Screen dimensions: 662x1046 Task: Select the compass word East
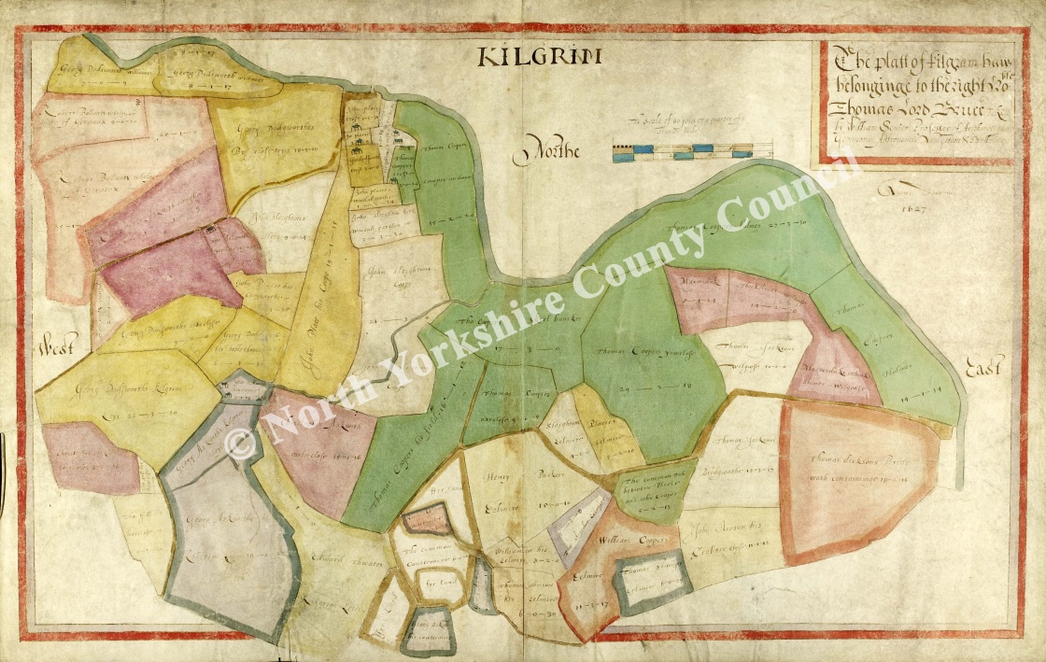click(x=984, y=369)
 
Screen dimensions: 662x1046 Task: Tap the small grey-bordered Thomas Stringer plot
click(x=654, y=581)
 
